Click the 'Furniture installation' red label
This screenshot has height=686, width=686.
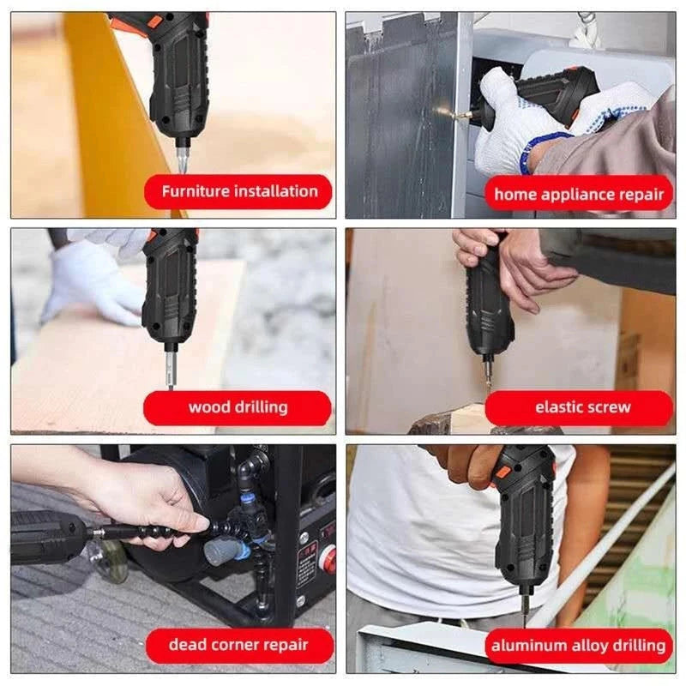(238, 191)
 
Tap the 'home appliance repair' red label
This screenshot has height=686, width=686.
(579, 194)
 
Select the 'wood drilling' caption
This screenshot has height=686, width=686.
(238, 407)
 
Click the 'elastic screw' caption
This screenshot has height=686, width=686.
(579, 407)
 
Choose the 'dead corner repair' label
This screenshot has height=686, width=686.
(238, 645)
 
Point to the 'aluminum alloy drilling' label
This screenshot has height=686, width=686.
(579, 645)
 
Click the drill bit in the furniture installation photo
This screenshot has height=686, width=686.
(183, 158)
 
